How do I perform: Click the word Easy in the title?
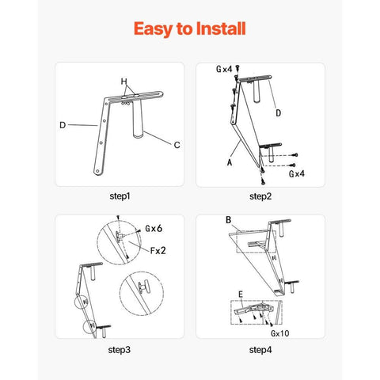153,29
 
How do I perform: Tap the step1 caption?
120,196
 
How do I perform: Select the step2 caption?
260,196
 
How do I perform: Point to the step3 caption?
120,350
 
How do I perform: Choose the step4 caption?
260,350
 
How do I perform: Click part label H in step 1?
123,82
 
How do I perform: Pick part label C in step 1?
177,145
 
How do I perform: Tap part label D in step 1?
63,125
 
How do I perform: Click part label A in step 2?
230,162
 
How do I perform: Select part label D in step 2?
278,113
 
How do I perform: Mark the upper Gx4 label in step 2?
224,69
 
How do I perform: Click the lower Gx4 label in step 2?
297,173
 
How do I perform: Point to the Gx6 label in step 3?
154,228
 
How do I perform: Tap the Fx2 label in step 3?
158,250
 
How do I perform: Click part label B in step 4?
229,220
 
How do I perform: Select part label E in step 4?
241,294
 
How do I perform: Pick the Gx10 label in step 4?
280,333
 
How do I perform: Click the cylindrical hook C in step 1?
138,118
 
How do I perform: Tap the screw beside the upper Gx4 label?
237,68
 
